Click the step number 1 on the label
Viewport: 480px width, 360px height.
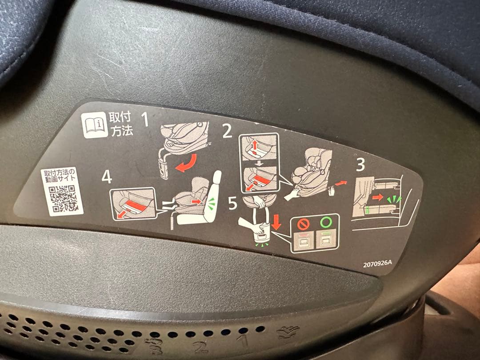coord(144,120)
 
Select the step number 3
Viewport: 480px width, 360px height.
coord(360,165)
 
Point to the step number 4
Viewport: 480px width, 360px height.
coord(106,177)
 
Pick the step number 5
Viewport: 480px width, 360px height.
coord(233,204)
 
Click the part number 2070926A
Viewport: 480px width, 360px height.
coord(378,262)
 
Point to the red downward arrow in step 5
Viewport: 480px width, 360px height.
coord(276,221)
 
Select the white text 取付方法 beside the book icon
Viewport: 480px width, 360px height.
coord(120,125)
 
